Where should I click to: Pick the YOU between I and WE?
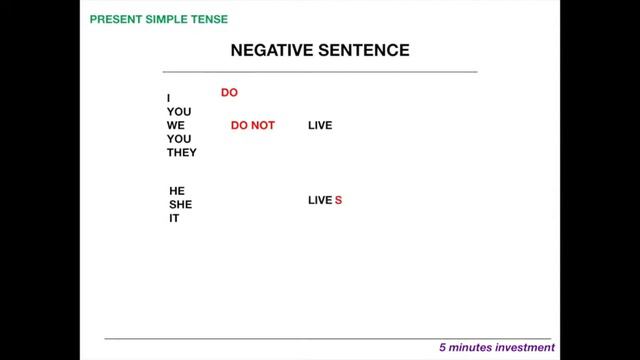(x=179, y=112)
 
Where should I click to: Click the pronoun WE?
(x=176, y=126)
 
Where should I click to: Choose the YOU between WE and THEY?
(x=179, y=139)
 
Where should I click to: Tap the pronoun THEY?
(x=182, y=153)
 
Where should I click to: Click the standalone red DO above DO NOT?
(x=229, y=93)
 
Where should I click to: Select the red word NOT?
(x=262, y=126)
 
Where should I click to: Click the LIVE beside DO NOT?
(x=320, y=126)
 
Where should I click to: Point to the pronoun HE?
(x=177, y=190)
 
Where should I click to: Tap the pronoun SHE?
(x=180, y=204)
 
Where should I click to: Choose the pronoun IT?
(x=174, y=218)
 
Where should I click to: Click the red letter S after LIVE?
(x=339, y=201)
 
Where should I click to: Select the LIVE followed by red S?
(x=319, y=201)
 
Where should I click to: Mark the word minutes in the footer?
(x=470, y=349)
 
